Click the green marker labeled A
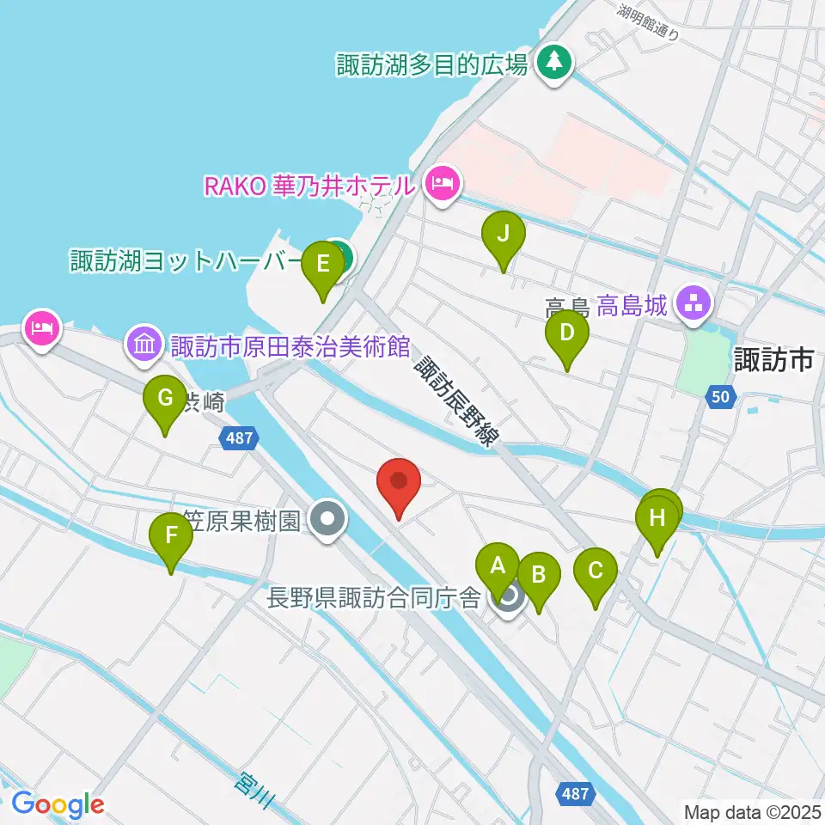(497, 567)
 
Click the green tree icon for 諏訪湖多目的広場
(554, 63)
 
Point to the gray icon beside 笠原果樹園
(327, 520)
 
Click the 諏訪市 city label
(773, 360)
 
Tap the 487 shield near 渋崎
(239, 438)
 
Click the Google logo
(58, 804)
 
